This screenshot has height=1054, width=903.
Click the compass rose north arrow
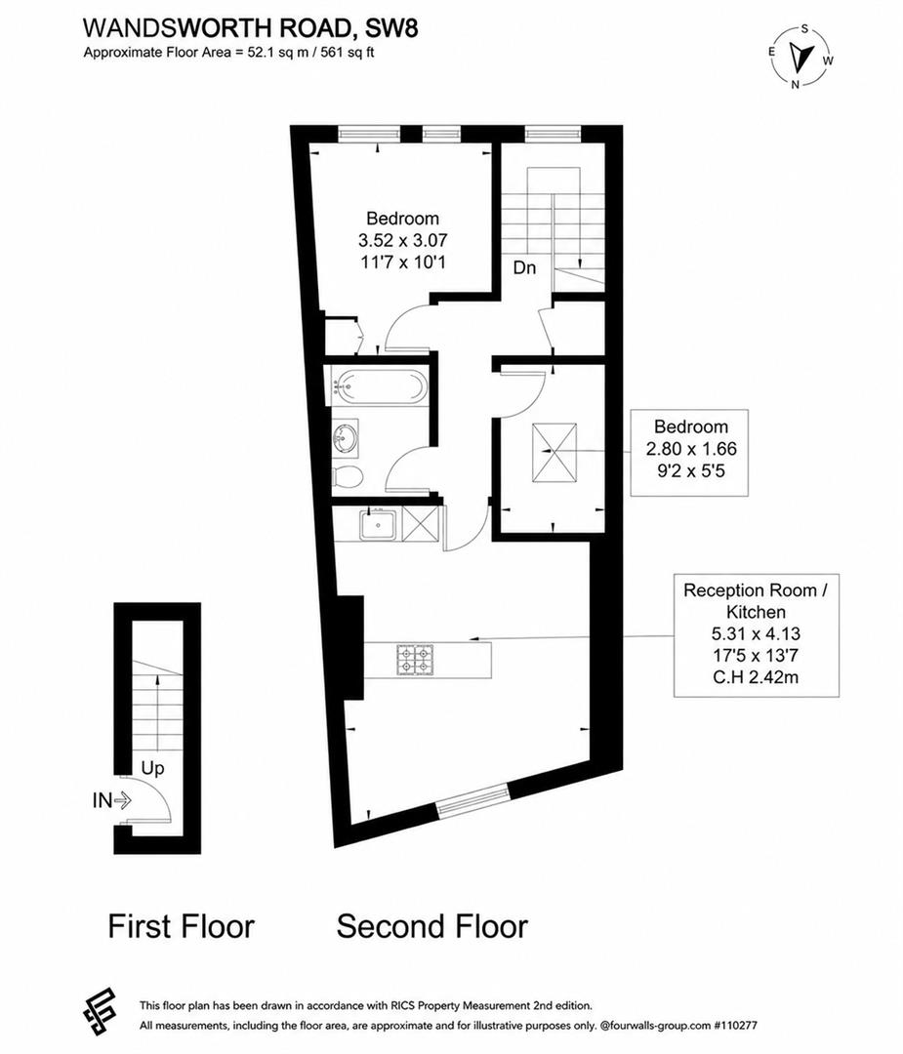pos(800,58)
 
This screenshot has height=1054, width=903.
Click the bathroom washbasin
pos(345,439)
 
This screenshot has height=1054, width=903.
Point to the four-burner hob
pos(415,660)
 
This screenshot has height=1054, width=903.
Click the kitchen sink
pos(380,524)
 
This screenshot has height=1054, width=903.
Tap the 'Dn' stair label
pos(524,267)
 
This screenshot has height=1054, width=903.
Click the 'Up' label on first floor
pos(152,768)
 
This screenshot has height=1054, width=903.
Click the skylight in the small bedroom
pos(554,453)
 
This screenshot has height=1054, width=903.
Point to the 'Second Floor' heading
pos(432,925)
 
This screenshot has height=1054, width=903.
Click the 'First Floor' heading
pos(182,925)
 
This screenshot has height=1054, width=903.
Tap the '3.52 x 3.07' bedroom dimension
pos(403,240)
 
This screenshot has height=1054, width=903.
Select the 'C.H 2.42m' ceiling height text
pos(756,677)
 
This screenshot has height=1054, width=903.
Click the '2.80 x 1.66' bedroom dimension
pos(691,448)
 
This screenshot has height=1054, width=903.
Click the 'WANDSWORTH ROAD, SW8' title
pos(250,28)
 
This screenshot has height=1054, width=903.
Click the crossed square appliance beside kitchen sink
pos(420,524)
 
